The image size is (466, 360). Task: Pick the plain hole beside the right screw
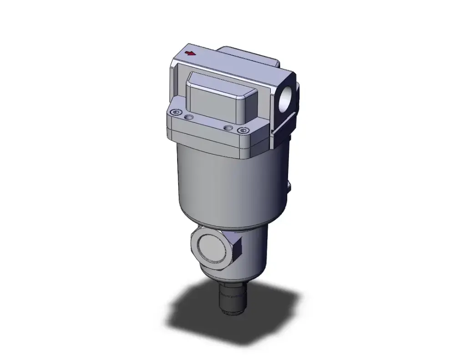[228, 128]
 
